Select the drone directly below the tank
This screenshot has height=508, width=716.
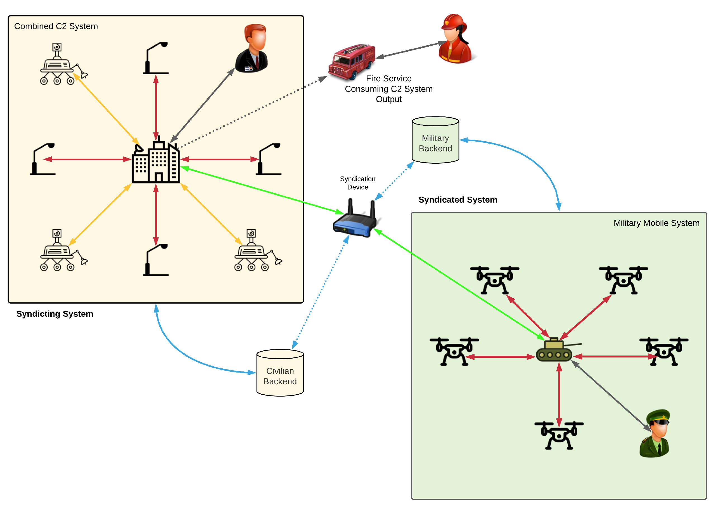(559, 435)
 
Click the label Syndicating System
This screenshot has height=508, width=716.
(55, 314)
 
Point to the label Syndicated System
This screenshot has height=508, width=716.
(457, 200)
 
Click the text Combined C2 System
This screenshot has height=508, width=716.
(56, 26)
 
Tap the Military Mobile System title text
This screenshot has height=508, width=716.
(656, 223)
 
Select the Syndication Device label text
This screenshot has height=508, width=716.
(357, 183)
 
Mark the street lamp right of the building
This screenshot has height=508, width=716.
(269, 159)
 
